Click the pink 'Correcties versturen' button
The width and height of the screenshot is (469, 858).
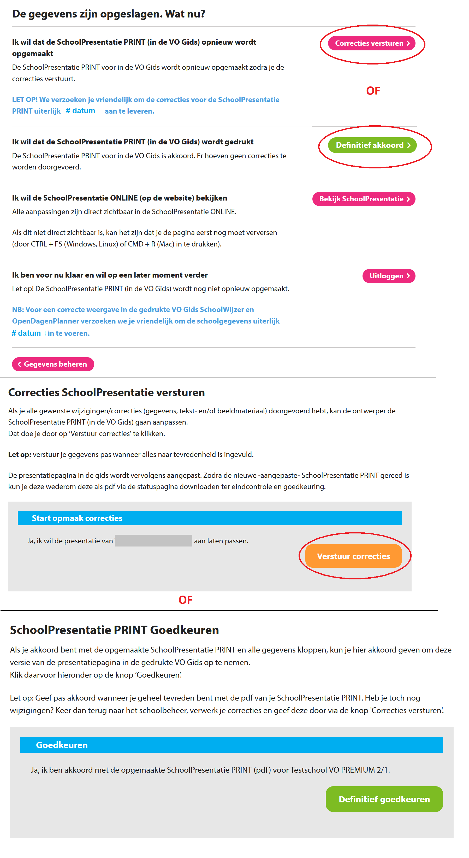(x=371, y=43)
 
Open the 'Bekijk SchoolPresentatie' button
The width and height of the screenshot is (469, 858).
(x=364, y=199)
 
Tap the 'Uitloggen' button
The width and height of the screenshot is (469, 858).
(x=388, y=276)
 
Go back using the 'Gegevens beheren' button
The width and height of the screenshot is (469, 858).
(x=53, y=364)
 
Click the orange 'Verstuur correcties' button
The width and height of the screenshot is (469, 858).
(x=353, y=556)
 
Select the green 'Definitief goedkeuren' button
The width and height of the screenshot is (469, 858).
(x=384, y=799)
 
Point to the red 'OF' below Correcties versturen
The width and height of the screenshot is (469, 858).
(x=373, y=91)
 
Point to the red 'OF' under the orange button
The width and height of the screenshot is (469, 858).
(x=185, y=600)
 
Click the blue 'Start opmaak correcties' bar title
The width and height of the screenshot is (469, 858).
(x=77, y=518)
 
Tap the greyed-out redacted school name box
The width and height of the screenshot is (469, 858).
(x=153, y=540)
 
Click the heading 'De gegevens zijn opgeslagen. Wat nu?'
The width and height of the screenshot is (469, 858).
(x=109, y=14)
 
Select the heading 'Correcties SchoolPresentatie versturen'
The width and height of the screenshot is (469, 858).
(x=106, y=392)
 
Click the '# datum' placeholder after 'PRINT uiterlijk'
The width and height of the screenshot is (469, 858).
(x=81, y=111)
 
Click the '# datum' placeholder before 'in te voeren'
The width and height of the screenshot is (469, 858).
(x=26, y=333)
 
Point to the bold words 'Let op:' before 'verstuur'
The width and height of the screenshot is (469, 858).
(x=20, y=454)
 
